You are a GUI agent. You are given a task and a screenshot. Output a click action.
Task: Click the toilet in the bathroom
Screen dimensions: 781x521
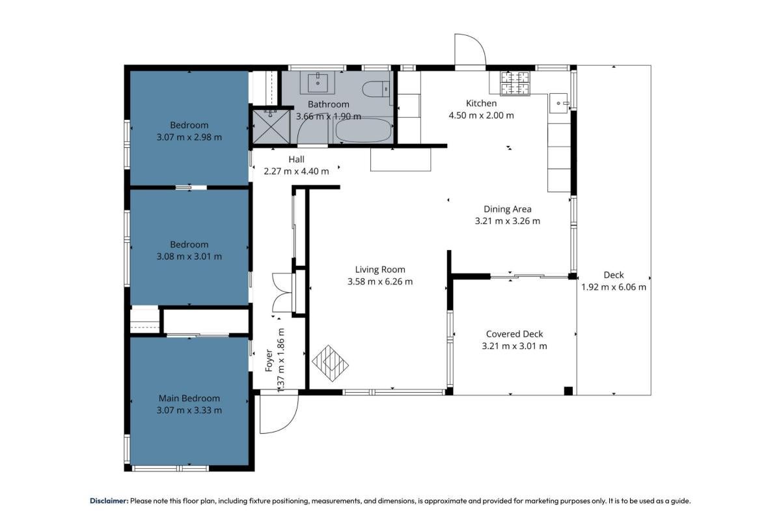pyautogui.click(x=376, y=89)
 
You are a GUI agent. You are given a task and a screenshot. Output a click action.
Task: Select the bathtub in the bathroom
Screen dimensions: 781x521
pyautogui.click(x=363, y=130)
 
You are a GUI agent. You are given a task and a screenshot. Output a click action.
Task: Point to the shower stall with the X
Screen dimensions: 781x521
pyautogui.click(x=271, y=126)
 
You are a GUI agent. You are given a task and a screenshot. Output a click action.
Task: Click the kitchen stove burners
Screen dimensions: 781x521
pyautogui.click(x=515, y=83)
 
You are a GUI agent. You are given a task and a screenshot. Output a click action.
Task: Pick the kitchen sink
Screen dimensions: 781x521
pyautogui.click(x=559, y=104)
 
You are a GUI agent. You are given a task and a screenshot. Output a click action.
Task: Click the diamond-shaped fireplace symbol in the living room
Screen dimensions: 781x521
pyautogui.click(x=330, y=363)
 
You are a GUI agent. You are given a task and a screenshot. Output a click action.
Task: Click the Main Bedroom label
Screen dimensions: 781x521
pyautogui.click(x=189, y=398)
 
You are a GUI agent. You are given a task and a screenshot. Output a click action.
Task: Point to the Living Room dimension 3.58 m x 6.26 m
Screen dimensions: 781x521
pyautogui.click(x=380, y=281)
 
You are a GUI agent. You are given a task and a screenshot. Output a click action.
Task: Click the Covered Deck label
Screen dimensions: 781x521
pyautogui.click(x=514, y=334)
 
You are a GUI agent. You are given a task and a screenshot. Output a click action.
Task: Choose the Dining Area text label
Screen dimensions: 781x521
pyautogui.click(x=507, y=209)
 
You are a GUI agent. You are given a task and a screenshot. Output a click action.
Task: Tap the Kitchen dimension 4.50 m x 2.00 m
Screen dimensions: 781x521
pyautogui.click(x=481, y=115)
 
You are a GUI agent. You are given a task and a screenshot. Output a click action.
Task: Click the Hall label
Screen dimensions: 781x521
pyautogui.click(x=296, y=160)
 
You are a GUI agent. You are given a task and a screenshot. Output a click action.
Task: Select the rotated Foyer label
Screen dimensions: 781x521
pyautogui.click(x=268, y=361)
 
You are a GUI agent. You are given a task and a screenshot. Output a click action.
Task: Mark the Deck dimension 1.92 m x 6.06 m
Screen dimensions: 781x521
pyautogui.click(x=614, y=287)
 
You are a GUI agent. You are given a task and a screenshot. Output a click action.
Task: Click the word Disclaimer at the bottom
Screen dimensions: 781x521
pyautogui.click(x=109, y=501)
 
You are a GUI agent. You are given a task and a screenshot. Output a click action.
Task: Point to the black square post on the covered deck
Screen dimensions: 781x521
pyautogui.click(x=568, y=391)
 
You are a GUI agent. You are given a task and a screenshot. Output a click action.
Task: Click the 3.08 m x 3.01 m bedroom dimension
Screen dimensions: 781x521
pyautogui.click(x=189, y=256)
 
